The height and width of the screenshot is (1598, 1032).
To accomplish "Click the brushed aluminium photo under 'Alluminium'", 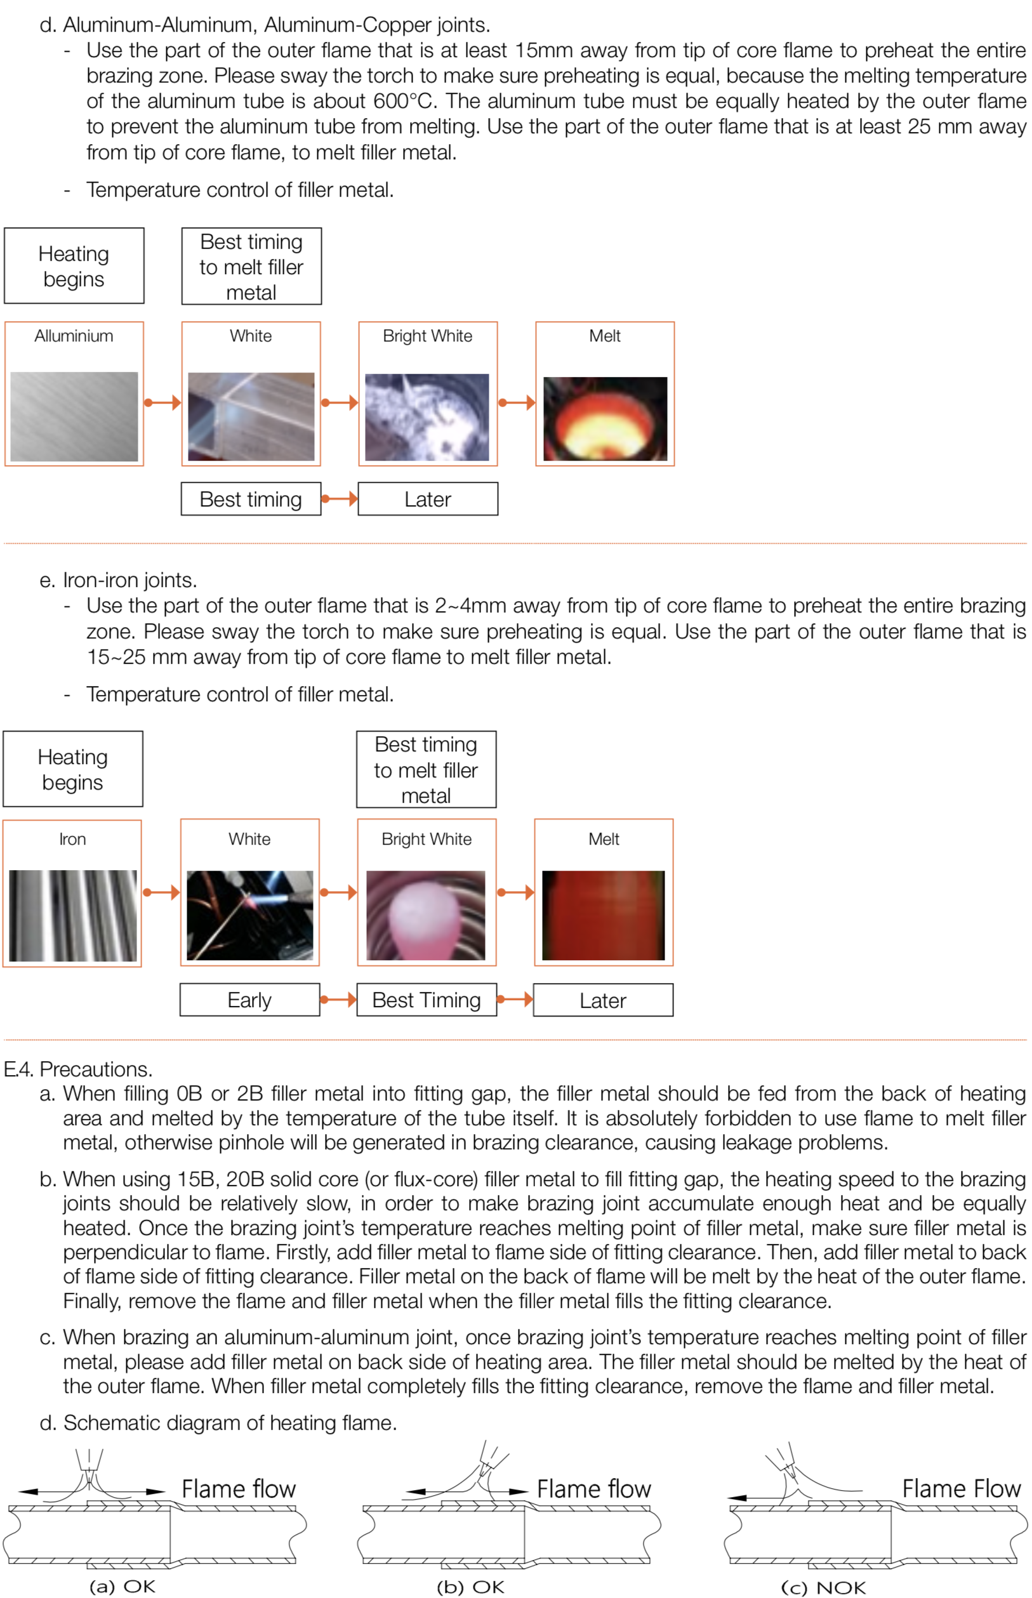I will coord(74,416).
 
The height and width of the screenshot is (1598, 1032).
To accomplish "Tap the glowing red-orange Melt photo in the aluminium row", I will coord(604,418).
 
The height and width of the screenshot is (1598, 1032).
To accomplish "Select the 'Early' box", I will coord(249,1000).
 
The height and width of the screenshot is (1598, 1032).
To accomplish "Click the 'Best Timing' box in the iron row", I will coord(427,1000).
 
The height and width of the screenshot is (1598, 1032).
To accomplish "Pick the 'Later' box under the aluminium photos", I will coord(428,499).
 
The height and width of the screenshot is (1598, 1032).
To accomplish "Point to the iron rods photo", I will coord(72,915).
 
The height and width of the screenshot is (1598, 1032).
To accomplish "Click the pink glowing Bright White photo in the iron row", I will coord(427,915).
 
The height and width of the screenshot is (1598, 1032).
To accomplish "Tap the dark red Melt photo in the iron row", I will coord(603,915).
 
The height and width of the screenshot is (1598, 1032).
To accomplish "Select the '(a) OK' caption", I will coord(122,1586).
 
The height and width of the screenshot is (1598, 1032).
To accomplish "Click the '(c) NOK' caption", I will coord(823,1587).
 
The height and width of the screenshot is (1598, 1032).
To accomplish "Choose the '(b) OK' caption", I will coord(470,1587).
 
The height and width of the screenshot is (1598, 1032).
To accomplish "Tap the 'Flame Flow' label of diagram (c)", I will coord(961,1488).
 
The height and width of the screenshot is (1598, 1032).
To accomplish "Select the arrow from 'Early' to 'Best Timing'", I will coord(338,1000).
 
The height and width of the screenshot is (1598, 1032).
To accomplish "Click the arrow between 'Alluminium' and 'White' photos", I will coord(163,403).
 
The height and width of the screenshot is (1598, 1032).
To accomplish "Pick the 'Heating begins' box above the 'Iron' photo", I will coord(72,769).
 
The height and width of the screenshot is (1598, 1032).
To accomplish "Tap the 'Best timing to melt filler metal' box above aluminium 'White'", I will coord(251,267).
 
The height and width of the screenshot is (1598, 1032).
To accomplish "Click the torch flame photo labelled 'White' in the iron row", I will coord(249,915).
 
